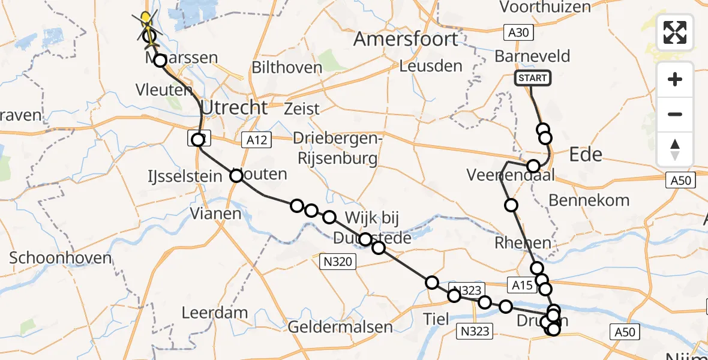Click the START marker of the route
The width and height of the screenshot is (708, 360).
tap(532, 78)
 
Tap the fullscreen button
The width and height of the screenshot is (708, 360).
tap(675, 32)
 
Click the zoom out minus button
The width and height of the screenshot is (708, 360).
tap(675, 114)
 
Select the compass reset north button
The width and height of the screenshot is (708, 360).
tap(675, 149)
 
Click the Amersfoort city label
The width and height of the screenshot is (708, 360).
tap(406, 39)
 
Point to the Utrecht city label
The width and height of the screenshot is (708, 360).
tap(235, 108)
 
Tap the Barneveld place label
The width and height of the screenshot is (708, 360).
tap(532, 56)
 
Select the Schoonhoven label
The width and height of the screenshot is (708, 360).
tap(60, 258)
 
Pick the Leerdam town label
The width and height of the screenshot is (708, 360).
tap(214, 312)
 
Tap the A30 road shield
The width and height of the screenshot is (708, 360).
tap(517, 32)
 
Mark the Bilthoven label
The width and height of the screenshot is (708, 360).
tap(287, 67)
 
